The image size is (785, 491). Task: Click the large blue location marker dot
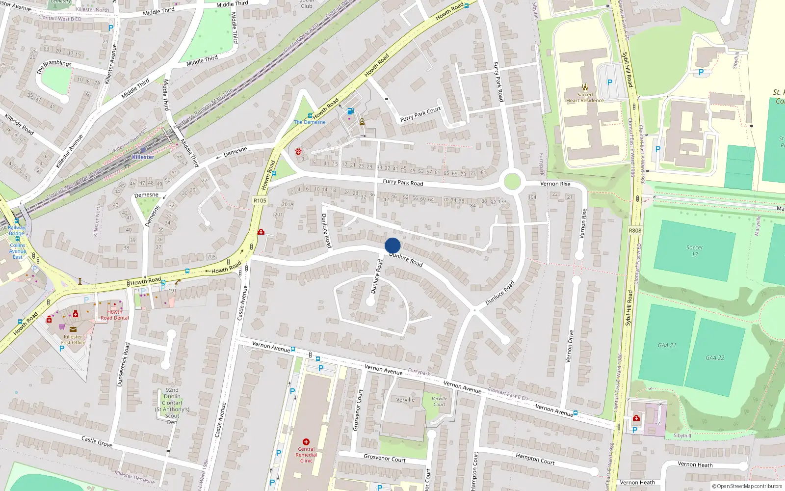click(x=392, y=245)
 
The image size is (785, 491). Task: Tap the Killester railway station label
click(x=143, y=157)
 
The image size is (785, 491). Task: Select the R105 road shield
click(x=260, y=200)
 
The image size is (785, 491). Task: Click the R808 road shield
click(x=635, y=230)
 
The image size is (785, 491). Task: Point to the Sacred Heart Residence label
click(x=585, y=98)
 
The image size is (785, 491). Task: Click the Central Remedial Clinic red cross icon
click(x=306, y=442)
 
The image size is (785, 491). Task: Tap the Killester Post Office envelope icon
click(x=73, y=329)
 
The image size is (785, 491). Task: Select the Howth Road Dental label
click(x=115, y=315)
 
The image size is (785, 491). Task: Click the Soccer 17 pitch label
click(x=694, y=251)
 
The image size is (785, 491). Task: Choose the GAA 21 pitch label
click(x=667, y=345)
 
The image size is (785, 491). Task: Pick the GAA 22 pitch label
click(x=715, y=358)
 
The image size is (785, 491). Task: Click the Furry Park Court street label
click(x=420, y=114)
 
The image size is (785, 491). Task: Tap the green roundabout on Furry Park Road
click(x=512, y=182)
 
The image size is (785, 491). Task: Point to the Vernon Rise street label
click(x=555, y=184)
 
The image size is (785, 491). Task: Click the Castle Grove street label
click(x=97, y=441)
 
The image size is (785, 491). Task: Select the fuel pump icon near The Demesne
click(x=350, y=111)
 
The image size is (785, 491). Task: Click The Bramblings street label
click(x=54, y=66)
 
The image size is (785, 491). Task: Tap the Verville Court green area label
click(x=439, y=401)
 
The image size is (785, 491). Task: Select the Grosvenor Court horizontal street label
click(x=384, y=458)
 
